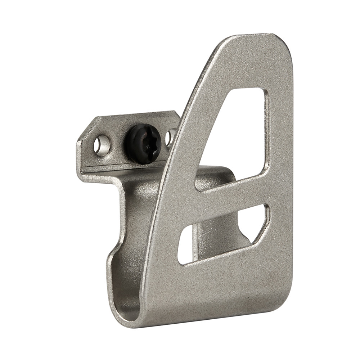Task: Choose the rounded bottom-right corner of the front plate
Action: point(281,299)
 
